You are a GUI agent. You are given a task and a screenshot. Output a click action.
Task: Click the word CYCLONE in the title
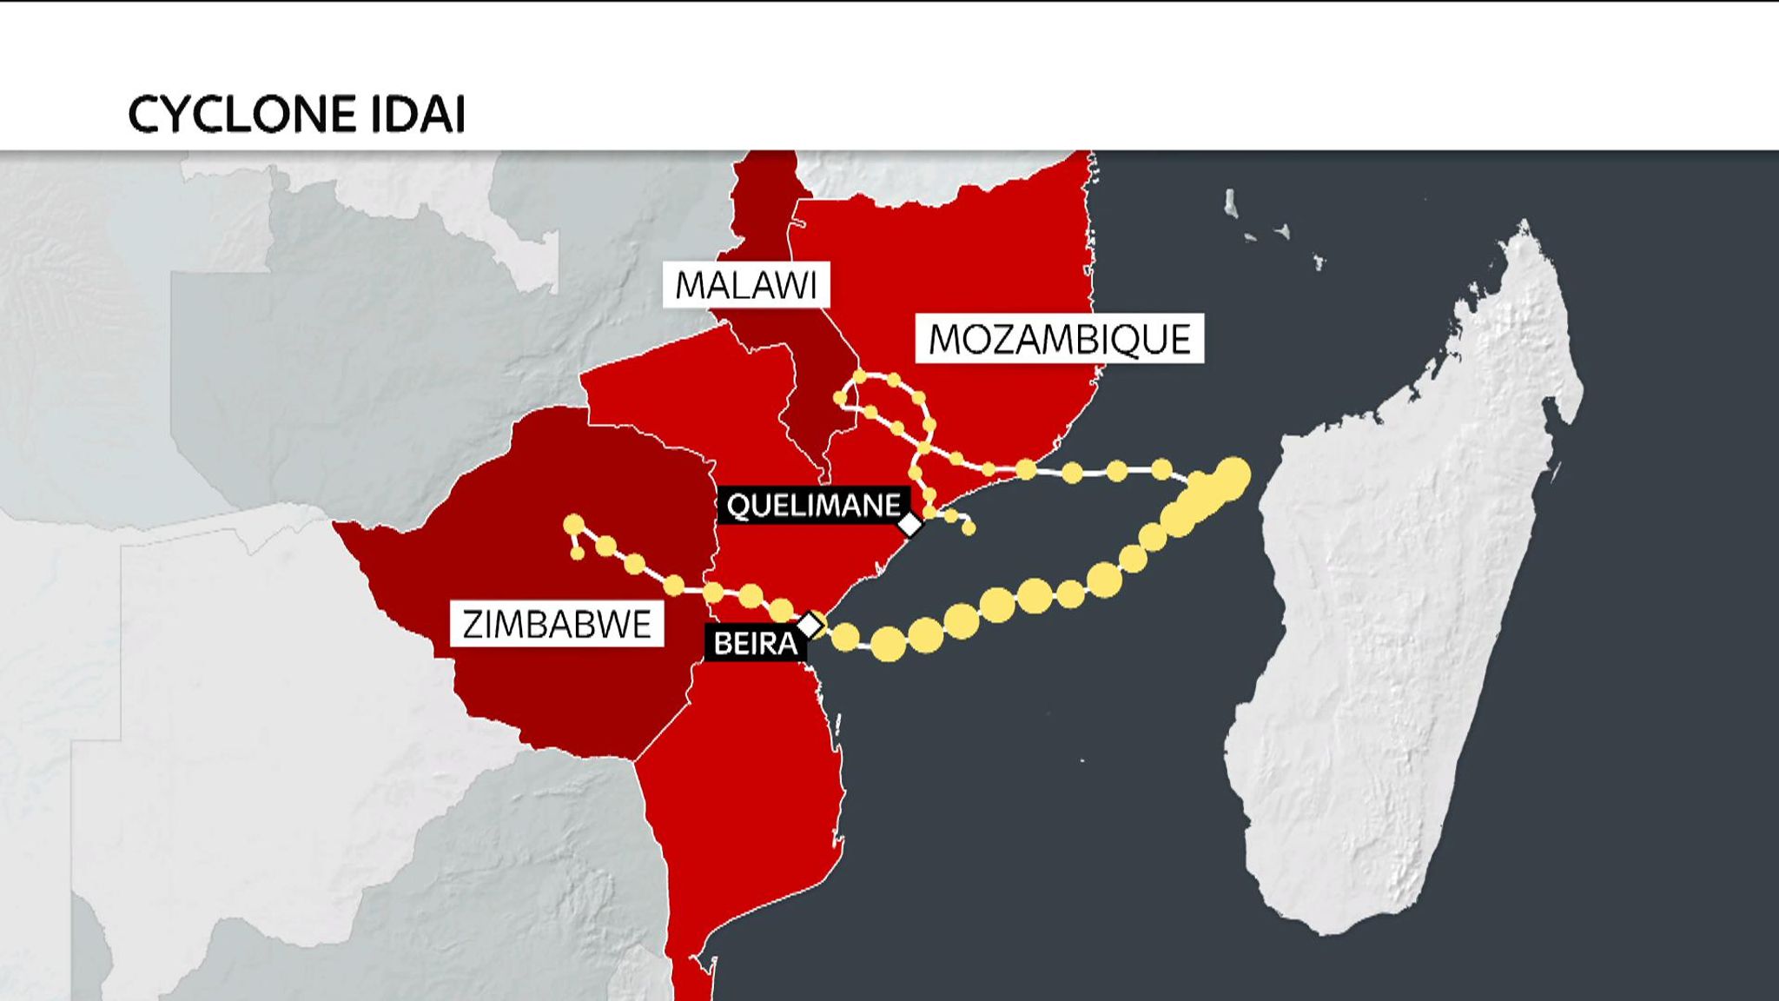click(242, 115)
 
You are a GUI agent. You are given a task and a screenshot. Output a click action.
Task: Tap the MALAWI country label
click(746, 285)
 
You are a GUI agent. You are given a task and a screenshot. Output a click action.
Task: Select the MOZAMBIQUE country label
click(1059, 338)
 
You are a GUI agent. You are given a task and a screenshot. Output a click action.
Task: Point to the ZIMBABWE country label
click(556, 624)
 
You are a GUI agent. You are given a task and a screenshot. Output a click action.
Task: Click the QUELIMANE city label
click(813, 505)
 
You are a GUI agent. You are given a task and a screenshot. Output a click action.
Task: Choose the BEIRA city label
click(754, 643)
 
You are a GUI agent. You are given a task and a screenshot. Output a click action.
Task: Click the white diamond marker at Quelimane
click(909, 525)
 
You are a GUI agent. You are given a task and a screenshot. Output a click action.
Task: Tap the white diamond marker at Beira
click(810, 625)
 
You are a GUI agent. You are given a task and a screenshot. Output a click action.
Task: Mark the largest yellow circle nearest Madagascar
click(1231, 476)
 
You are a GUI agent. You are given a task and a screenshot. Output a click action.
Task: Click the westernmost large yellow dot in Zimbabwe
click(573, 525)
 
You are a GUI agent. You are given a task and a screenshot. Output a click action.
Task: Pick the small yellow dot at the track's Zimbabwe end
click(577, 554)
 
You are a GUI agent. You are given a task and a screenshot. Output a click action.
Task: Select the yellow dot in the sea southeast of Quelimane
click(969, 528)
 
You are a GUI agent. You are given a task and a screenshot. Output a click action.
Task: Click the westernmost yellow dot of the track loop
click(839, 398)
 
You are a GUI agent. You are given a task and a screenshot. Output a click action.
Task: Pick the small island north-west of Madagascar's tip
click(1230, 204)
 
